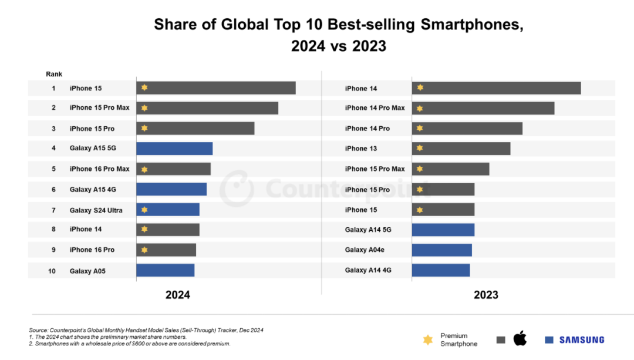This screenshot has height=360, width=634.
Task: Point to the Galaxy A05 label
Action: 87,271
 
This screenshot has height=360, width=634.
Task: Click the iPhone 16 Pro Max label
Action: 99,169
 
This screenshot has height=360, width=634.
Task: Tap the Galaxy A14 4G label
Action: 368,270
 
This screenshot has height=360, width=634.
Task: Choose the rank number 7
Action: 53,210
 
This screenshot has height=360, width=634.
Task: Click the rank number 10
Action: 52,271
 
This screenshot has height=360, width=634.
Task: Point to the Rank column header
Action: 54,74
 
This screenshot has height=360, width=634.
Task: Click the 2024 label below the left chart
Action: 177,295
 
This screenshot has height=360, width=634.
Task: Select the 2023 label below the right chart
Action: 486,295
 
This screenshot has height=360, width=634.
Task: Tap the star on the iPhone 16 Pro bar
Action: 144,250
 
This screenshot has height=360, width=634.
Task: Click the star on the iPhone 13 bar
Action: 420,148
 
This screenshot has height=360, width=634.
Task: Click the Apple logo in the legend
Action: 520,338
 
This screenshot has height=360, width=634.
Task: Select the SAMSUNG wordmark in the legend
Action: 581,339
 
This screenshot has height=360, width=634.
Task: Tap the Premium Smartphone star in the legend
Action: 429,339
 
